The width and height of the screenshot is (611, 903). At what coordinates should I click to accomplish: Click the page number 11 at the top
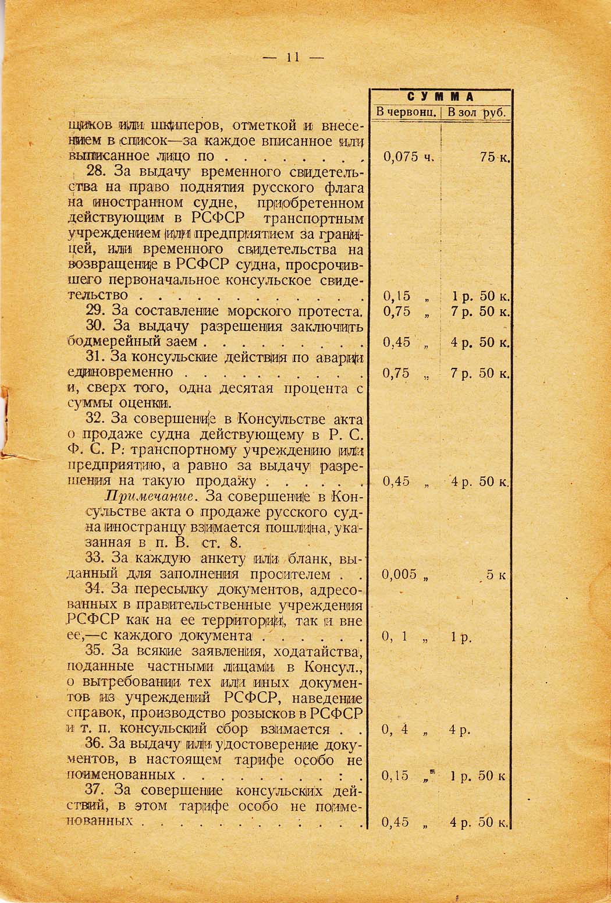click(292, 58)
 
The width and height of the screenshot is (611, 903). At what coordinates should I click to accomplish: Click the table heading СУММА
click(441, 97)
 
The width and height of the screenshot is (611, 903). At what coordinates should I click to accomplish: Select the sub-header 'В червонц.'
click(407, 112)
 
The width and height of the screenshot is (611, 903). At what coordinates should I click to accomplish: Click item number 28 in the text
click(94, 172)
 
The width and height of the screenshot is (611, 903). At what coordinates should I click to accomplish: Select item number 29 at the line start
click(94, 311)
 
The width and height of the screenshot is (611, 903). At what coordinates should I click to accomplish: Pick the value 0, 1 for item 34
click(395, 637)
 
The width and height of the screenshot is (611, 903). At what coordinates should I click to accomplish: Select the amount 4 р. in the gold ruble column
click(459, 730)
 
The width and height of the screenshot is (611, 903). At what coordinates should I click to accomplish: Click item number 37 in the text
click(94, 791)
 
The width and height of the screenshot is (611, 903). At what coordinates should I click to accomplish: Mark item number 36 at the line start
click(94, 745)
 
